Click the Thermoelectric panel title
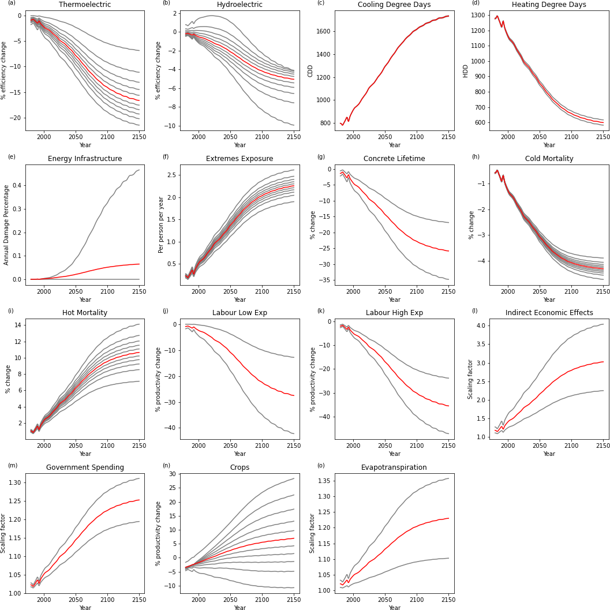coord(85,5)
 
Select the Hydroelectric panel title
coord(239,5)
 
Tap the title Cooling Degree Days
coord(394,5)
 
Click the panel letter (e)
coord(12,156)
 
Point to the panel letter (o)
coord(321,465)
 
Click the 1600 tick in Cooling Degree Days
coord(324,31)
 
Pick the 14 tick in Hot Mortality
coord(17,325)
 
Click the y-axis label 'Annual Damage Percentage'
coord(6,225)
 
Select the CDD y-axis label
coord(310,70)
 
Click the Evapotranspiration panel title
coord(394,467)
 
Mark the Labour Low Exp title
coord(239,313)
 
